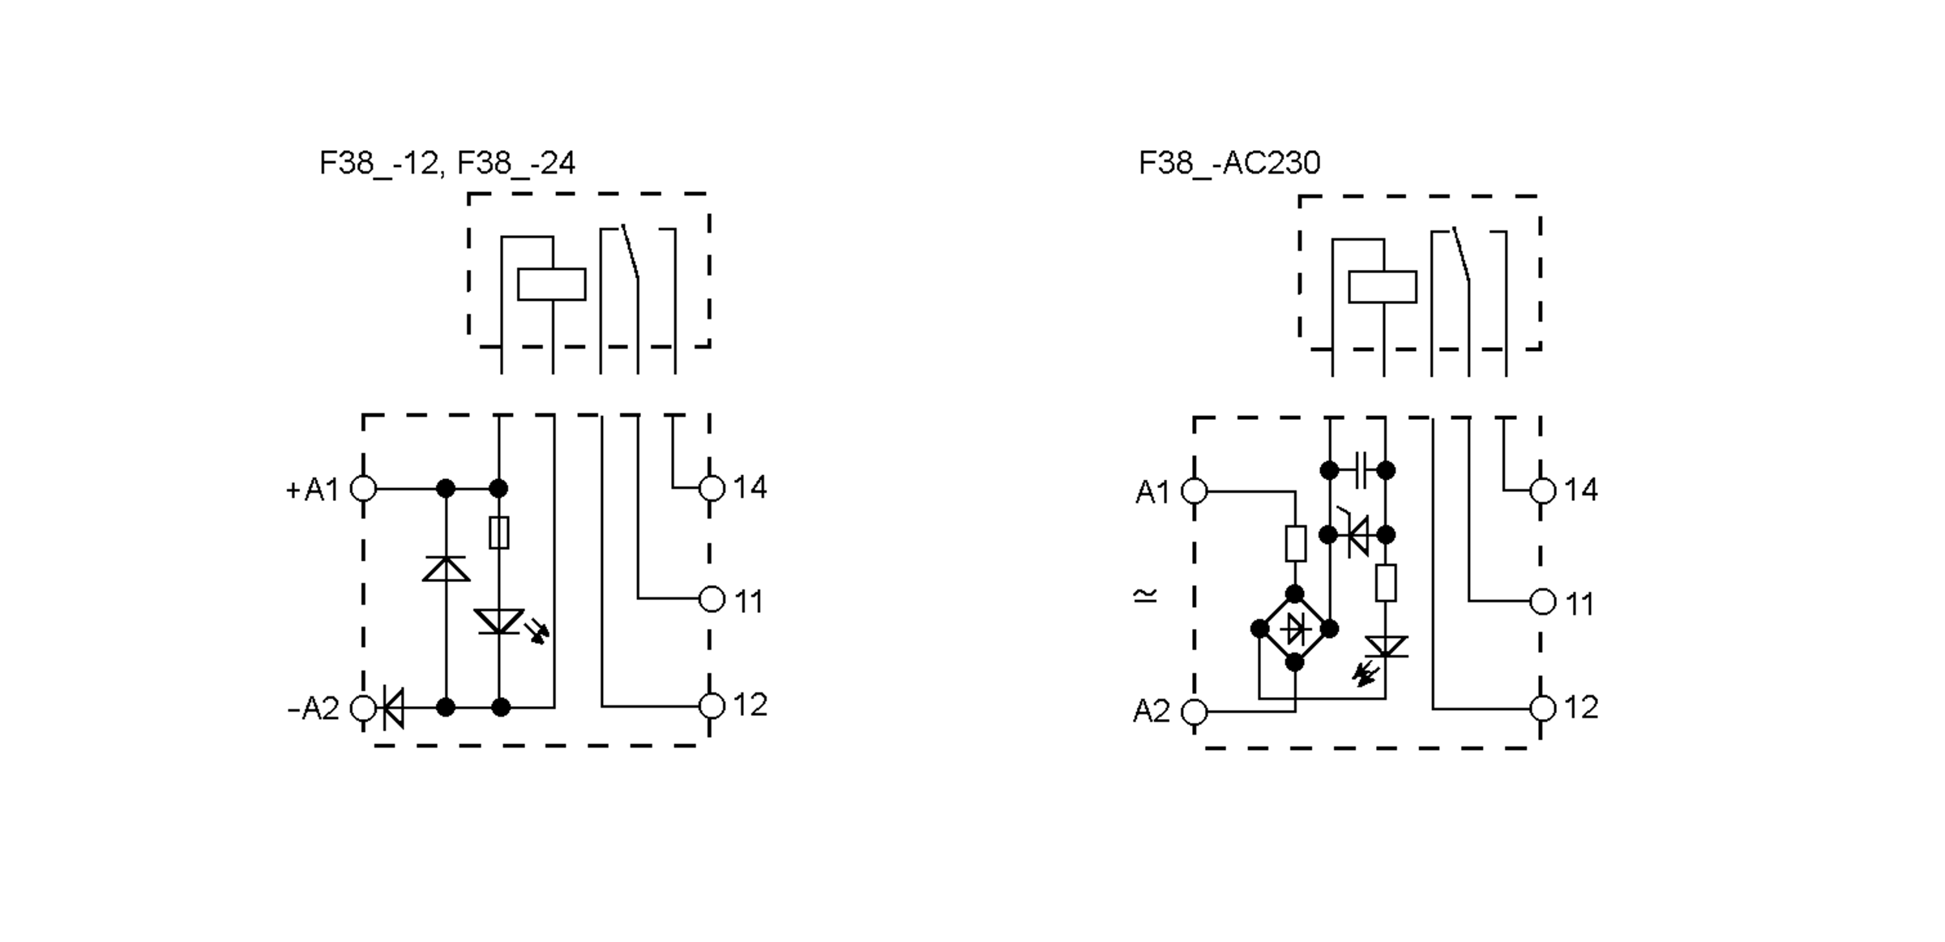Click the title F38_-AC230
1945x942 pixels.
tap(1229, 164)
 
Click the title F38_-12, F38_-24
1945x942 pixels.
tap(447, 164)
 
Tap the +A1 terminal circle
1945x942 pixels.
tap(363, 489)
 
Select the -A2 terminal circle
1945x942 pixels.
tap(363, 708)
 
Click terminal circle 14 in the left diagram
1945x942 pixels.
tap(711, 488)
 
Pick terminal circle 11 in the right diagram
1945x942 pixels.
tap(1542, 602)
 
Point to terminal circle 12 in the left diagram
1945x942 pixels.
tap(711, 706)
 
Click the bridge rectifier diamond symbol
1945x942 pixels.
tap(1294, 628)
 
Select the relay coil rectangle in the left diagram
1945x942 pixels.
tap(551, 285)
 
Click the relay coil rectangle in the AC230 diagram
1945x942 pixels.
tap(1382, 287)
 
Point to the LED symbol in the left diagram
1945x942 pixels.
tap(499, 623)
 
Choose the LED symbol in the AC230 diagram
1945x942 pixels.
tap(1385, 647)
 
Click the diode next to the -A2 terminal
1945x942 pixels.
tap(393, 708)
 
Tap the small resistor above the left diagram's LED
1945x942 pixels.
tap(499, 533)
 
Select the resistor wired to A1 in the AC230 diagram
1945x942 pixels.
tap(1295, 543)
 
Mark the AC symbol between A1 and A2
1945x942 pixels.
tap(1145, 597)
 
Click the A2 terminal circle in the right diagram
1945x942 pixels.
tap(1194, 712)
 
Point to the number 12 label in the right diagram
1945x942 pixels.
tap(1580, 708)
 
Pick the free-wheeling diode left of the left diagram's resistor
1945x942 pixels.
tap(446, 569)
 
